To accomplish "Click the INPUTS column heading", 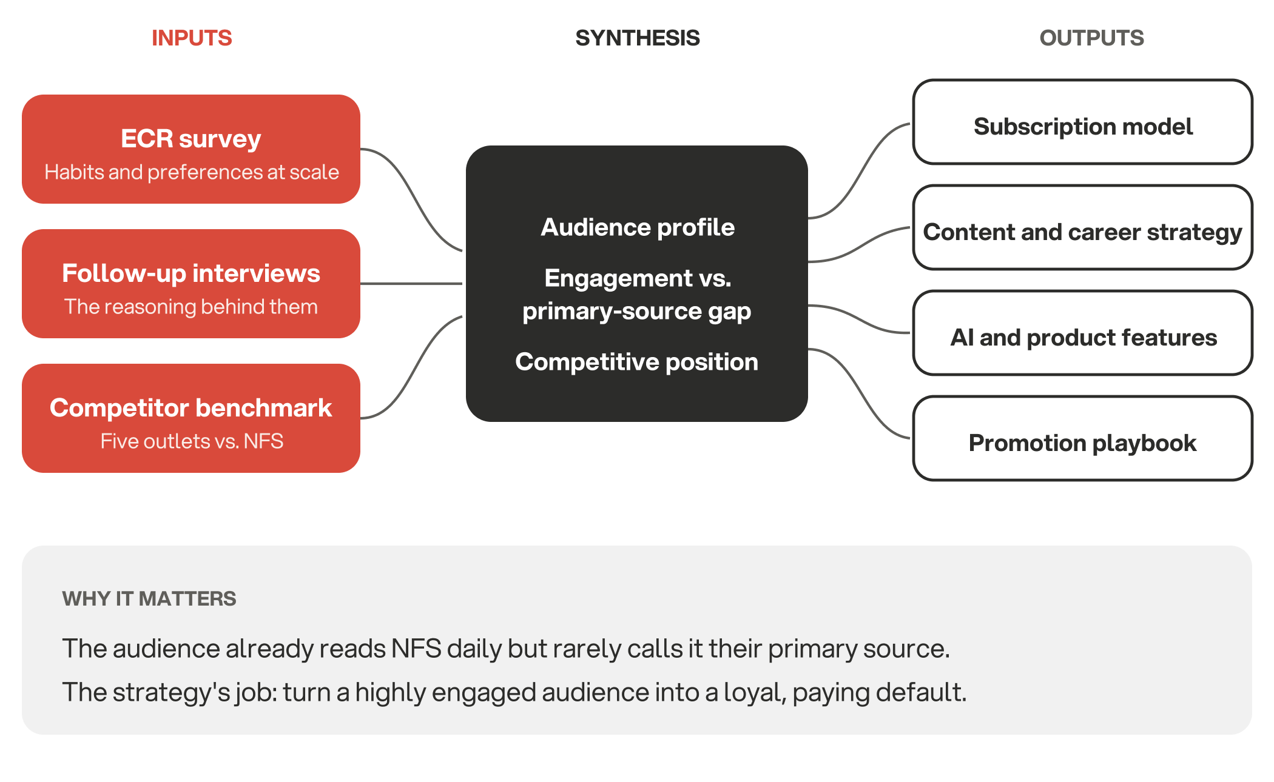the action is point(192,38).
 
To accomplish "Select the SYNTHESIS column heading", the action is point(638,38).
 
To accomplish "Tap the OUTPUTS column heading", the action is point(1091,38).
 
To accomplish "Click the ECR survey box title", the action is point(191,139).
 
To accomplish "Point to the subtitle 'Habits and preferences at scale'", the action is point(192,172).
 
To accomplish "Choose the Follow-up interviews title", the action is point(191,273).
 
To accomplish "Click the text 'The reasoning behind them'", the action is point(191,307).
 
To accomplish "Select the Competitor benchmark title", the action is point(191,408).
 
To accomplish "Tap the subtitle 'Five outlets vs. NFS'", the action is point(192,441).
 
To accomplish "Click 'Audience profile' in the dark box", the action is point(638,227).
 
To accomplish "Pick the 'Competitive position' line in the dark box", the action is point(637,362).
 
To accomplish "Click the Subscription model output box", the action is point(1083,122).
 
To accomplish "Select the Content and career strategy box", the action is point(1083,227).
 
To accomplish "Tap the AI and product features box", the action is point(1083,333).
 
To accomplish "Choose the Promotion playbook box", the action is point(1083,438).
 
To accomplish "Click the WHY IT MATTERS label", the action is point(149,599).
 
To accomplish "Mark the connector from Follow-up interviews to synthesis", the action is point(411,283).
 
